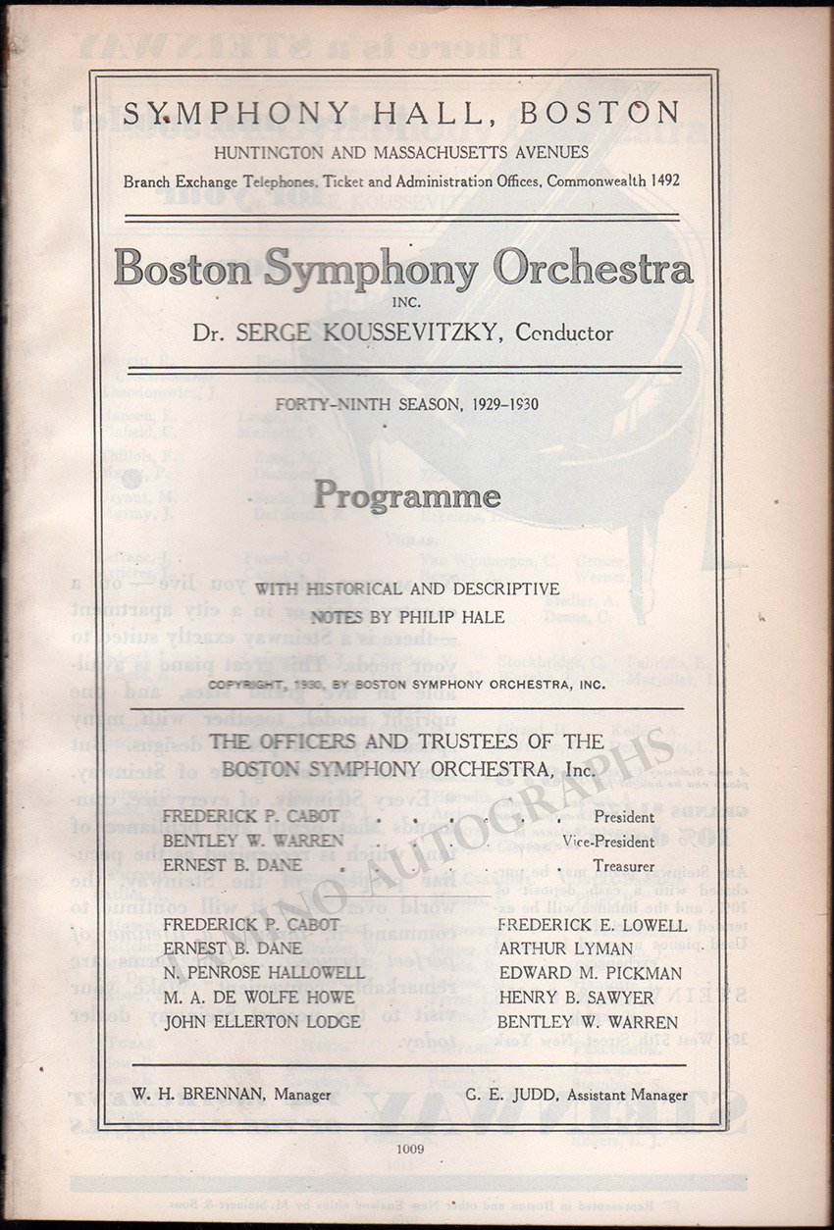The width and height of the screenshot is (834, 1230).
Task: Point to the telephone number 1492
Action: tap(658, 180)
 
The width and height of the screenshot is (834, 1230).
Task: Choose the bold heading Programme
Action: tap(405, 495)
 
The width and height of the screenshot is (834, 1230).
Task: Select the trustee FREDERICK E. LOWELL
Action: tap(592, 924)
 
